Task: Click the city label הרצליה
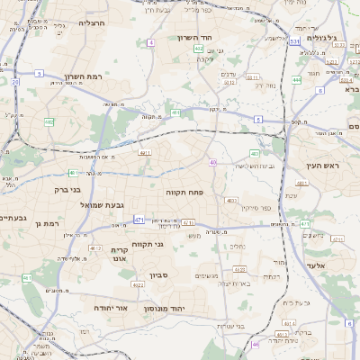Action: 92,22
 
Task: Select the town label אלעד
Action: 319,266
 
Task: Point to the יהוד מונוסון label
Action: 187,308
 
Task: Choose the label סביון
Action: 159,274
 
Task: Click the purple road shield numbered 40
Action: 212,162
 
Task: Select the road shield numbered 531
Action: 295,40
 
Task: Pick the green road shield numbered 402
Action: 198,49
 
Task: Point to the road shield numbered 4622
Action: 139,284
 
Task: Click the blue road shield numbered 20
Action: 14,82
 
